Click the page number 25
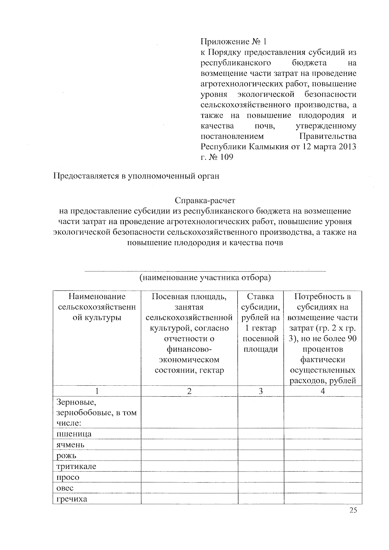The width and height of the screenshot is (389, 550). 353,510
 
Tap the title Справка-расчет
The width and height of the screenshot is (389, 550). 205,200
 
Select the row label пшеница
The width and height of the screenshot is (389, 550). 74,434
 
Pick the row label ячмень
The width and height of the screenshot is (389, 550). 70,445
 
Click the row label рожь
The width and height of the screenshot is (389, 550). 66,456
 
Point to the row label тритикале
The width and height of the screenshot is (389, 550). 76,466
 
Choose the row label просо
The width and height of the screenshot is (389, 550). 68,477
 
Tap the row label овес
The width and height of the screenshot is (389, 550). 65,488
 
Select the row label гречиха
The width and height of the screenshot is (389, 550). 72,499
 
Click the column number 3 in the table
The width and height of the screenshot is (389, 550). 261,391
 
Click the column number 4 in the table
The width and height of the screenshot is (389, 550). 323,391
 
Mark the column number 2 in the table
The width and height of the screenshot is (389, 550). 189,391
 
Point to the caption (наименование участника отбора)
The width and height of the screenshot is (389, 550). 205,278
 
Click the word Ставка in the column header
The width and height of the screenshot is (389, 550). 260,297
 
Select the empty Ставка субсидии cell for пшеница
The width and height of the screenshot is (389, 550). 261,434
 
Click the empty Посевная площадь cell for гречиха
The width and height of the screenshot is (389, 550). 189,499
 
